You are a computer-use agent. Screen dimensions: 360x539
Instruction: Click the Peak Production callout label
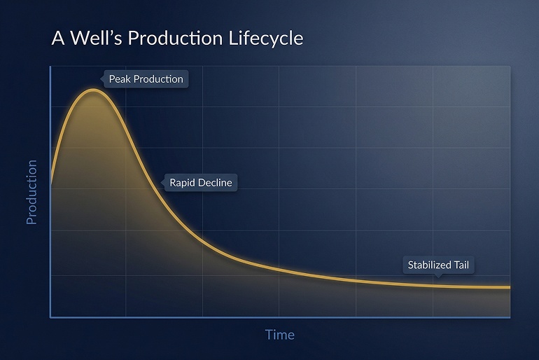coord(146,79)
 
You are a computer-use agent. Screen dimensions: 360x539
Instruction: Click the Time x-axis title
coord(279,334)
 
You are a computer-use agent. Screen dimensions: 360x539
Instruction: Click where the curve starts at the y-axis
coord(50,186)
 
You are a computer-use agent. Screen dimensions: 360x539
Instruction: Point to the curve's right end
coord(510,287)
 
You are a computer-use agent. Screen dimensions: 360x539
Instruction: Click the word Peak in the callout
coord(120,79)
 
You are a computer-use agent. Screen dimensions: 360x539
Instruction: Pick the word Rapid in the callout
coord(182,183)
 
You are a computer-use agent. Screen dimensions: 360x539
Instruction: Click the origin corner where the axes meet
coord(50,317)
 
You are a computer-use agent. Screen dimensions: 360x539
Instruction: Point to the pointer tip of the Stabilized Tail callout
coord(438,277)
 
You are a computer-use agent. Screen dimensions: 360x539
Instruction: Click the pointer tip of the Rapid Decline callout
coord(161,184)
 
